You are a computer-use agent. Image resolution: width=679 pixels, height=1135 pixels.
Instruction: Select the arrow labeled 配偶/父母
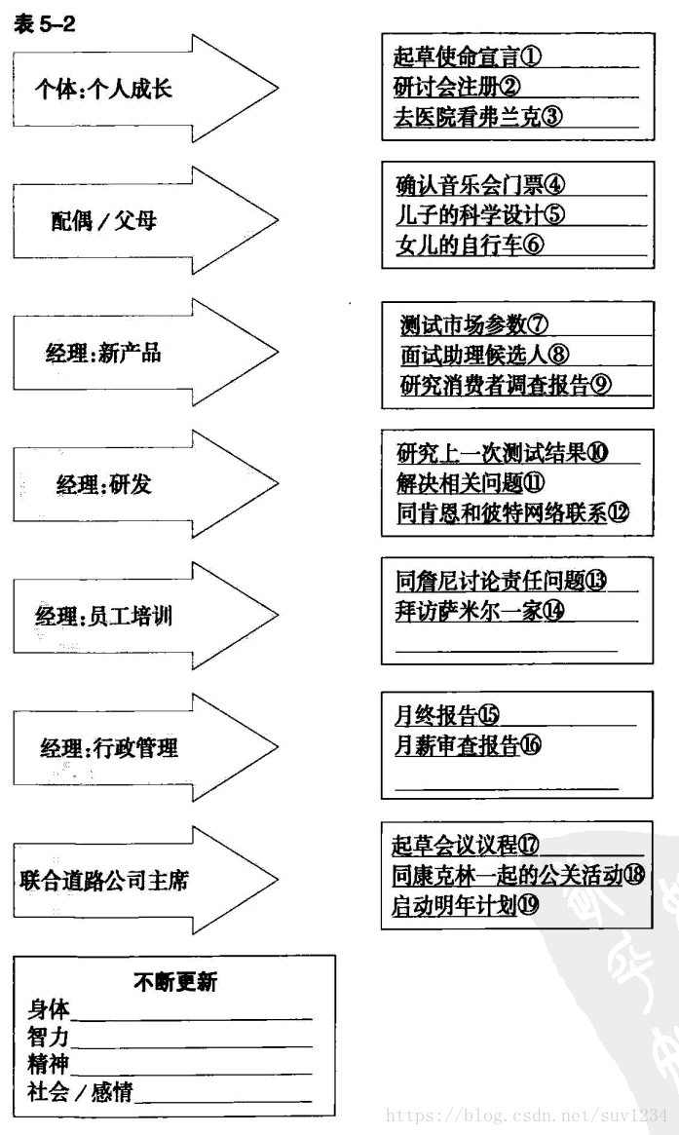pyautogui.click(x=104, y=221)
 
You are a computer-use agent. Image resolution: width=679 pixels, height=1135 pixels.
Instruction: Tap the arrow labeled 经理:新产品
pyautogui.click(x=103, y=353)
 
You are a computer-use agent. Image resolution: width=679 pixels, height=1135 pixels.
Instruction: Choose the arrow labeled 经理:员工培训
pyautogui.click(x=104, y=615)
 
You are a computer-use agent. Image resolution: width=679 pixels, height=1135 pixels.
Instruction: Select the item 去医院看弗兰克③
pyautogui.click(x=478, y=118)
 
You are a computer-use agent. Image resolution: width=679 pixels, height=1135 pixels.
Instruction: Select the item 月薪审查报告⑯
pyautogui.click(x=468, y=746)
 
